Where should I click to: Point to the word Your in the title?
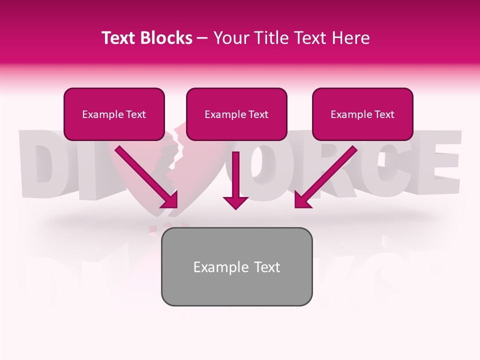229,38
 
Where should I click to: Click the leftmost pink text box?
114,114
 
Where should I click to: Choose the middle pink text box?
236,114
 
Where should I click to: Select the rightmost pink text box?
362,114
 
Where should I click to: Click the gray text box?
236,266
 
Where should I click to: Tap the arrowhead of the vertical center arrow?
235,201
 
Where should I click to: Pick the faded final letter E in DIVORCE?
439,159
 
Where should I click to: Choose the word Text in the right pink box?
384,114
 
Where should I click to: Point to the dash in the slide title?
202,38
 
